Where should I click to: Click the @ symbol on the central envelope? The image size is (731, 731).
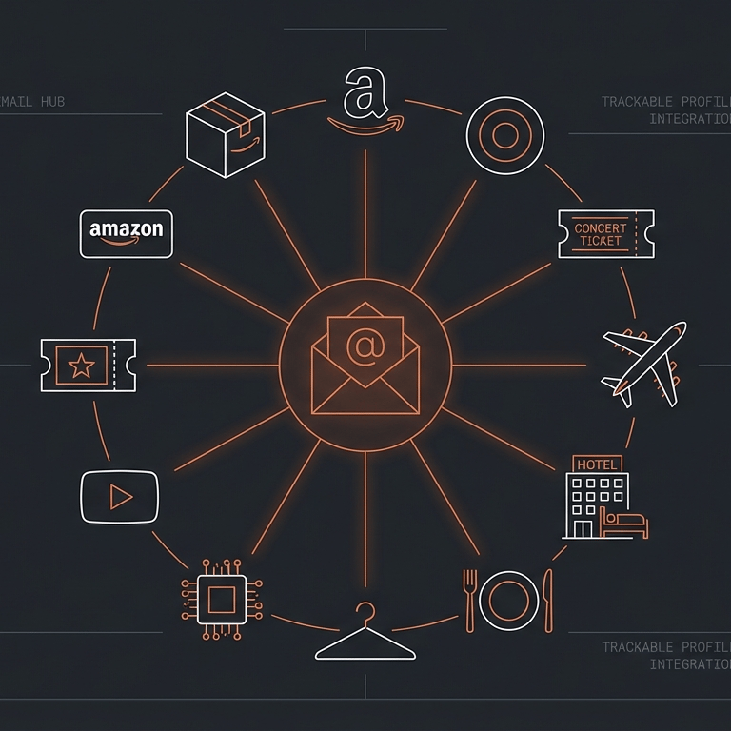pyautogui.click(x=365, y=347)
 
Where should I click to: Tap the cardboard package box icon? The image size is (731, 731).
pyautogui.click(x=225, y=135)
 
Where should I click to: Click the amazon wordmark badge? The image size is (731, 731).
pyautogui.click(x=127, y=233)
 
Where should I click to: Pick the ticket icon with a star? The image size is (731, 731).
pyautogui.click(x=88, y=363)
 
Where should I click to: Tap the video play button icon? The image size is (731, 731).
pyautogui.click(x=119, y=496)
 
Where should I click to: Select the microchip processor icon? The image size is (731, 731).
pyautogui.click(x=222, y=600)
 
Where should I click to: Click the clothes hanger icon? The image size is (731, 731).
pyautogui.click(x=365, y=635)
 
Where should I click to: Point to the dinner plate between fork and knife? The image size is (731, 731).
pyautogui.click(x=508, y=600)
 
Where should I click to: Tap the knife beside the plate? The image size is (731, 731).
pyautogui.click(x=547, y=600)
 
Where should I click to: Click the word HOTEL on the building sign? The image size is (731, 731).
pyautogui.click(x=598, y=464)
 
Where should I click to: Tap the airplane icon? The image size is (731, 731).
pyautogui.click(x=644, y=363)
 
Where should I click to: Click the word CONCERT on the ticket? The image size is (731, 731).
pyautogui.click(x=601, y=228)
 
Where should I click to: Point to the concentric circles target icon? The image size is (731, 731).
pyautogui.click(x=504, y=136)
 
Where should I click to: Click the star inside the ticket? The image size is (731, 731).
pyautogui.click(x=81, y=363)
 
